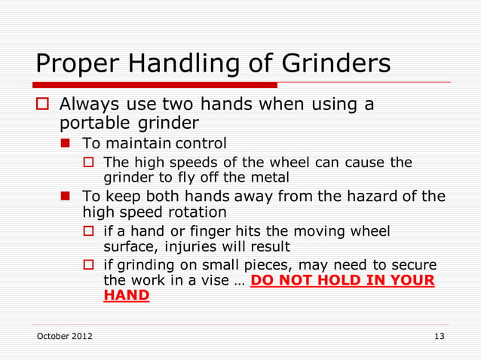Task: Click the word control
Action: (x=201, y=143)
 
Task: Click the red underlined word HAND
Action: (x=126, y=296)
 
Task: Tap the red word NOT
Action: (x=299, y=281)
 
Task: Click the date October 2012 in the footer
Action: (x=65, y=336)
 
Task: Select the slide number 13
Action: (x=439, y=336)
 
